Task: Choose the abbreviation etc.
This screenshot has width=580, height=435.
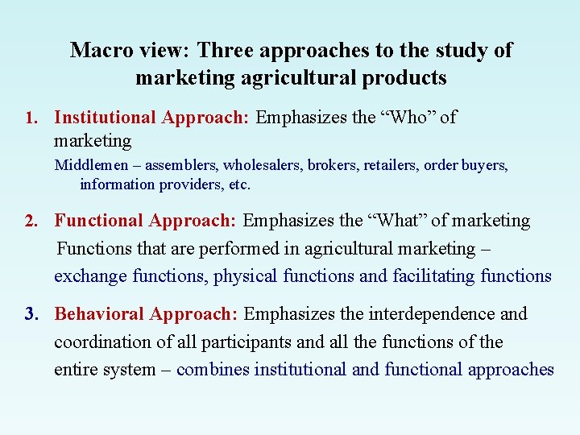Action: tap(239, 184)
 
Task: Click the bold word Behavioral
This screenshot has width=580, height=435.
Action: tap(99, 313)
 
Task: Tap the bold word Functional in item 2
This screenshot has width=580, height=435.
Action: tap(98, 221)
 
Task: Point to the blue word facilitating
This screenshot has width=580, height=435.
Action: tap(433, 275)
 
